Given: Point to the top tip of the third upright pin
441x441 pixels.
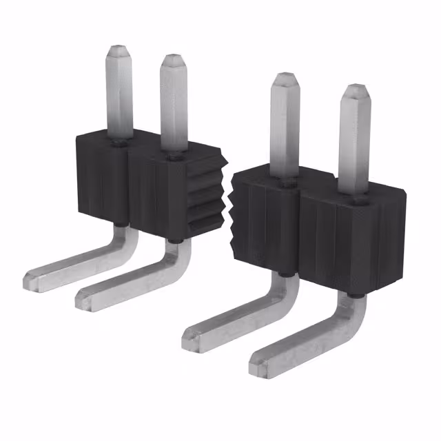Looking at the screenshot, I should coord(283,76).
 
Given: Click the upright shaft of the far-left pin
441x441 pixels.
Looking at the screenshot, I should coord(118,96).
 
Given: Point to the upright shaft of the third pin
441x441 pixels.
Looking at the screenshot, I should coord(283,127).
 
